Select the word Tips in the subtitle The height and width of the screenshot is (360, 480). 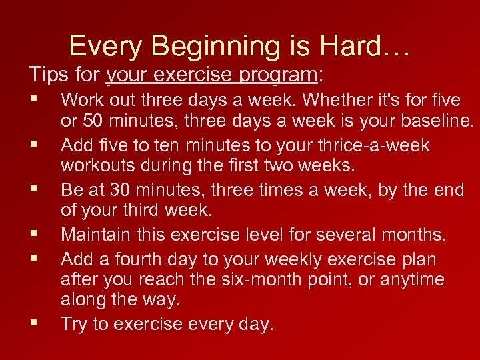click(x=49, y=73)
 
